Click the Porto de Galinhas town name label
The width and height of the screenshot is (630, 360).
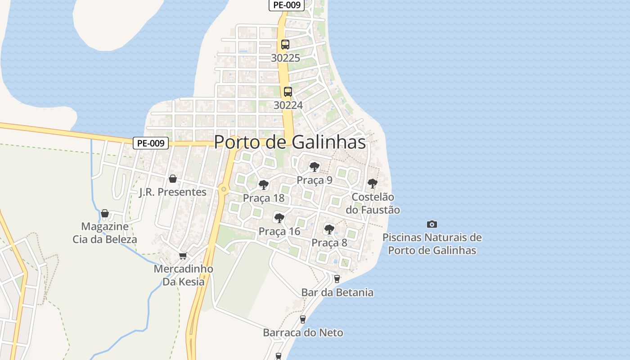pyautogui.click(x=289, y=142)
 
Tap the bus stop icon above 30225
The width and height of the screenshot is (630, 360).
pyautogui.click(x=285, y=45)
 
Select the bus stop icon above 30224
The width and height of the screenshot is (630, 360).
pyautogui.click(x=288, y=92)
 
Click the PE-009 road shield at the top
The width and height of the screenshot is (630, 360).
pyautogui.click(x=287, y=5)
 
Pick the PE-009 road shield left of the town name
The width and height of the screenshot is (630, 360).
pyautogui.click(x=151, y=143)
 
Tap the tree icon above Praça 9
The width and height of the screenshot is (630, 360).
pyautogui.click(x=315, y=167)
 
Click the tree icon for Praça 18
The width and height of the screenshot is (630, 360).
pyautogui.click(x=264, y=185)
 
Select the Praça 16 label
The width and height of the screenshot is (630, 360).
pyautogui.click(x=279, y=231)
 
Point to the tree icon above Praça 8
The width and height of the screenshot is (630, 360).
pyautogui.click(x=329, y=229)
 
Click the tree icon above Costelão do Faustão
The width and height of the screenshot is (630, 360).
pyautogui.click(x=372, y=184)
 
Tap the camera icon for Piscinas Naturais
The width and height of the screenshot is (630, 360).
pyautogui.click(x=432, y=224)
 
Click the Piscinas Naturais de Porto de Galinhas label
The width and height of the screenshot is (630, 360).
pyautogui.click(x=432, y=243)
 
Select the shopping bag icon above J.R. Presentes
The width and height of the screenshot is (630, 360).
pyautogui.click(x=173, y=179)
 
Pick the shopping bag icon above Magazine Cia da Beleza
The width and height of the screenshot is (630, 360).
pyautogui.click(x=105, y=213)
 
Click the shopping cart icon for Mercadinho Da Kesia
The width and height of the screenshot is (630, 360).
pyautogui.click(x=183, y=256)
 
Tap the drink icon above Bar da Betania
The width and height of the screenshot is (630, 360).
pyautogui.click(x=337, y=279)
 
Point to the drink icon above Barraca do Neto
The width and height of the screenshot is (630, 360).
pyautogui.click(x=303, y=319)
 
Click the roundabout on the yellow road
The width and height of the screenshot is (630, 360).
pyautogui.click(x=224, y=189)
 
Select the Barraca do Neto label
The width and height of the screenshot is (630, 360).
pyautogui.click(x=303, y=333)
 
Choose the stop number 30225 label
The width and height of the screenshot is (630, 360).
pyautogui.click(x=285, y=58)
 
